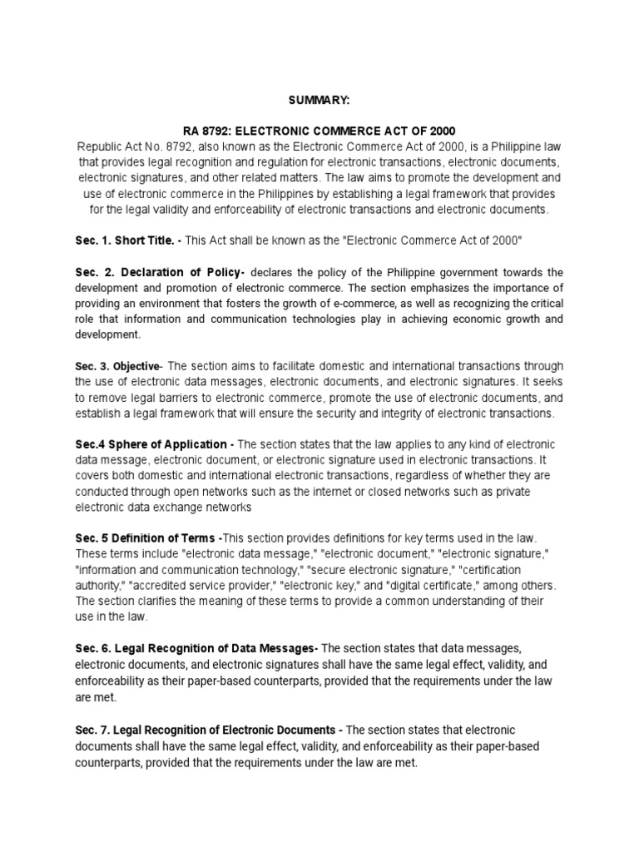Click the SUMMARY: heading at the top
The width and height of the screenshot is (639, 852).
[x=319, y=100]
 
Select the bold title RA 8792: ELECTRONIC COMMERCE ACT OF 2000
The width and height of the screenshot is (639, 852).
[x=319, y=131]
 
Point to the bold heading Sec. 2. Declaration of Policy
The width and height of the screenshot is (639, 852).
[x=159, y=272]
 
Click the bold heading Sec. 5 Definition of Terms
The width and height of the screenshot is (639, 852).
[x=146, y=538]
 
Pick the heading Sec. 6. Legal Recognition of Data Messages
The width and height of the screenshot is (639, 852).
[x=196, y=647]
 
